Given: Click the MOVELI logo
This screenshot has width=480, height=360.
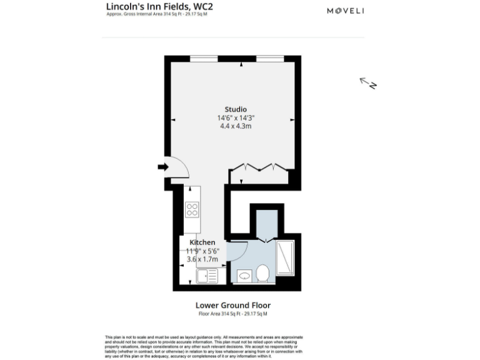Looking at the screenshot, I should click(346, 11).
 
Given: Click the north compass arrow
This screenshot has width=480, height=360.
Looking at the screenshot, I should click(367, 83).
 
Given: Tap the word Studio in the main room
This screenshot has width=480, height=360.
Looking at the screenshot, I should click(236, 109).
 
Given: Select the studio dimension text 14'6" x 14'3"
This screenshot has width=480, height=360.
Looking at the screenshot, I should click(236, 117).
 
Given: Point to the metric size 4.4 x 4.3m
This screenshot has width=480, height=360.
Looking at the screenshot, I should click(236, 126).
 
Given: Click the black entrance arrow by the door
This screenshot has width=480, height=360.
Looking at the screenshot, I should click(163, 167).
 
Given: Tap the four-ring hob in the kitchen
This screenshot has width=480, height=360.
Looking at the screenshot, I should click(192, 210).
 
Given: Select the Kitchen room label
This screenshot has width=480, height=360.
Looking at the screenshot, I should click(203, 242).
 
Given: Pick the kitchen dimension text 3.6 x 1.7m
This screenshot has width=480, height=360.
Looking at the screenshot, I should click(202, 258).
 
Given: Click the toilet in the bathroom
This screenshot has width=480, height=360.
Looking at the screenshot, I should click(262, 272).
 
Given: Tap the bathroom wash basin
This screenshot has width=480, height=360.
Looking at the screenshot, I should click(244, 275).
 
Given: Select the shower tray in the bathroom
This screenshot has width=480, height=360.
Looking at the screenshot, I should click(285, 257).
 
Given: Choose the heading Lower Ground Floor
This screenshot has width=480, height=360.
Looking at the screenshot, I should click(233, 306).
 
